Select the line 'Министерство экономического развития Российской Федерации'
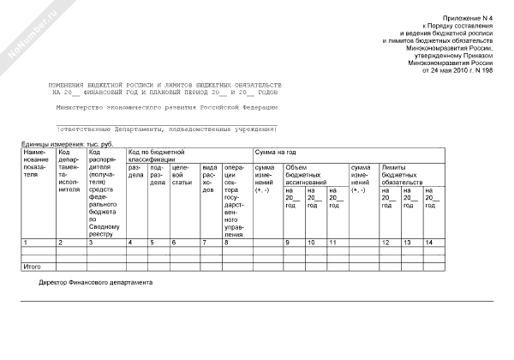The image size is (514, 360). (166, 108)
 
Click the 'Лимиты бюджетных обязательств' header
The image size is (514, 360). (403, 175)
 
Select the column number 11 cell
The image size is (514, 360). (332, 243)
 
